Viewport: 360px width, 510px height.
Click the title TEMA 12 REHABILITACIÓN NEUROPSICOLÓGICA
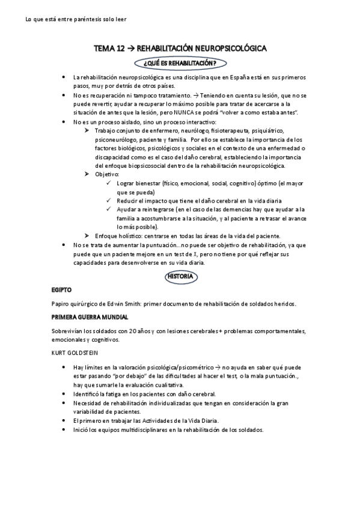(180, 49)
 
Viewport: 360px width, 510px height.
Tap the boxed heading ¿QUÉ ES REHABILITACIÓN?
(180, 63)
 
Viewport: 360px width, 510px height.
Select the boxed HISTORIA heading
(180, 277)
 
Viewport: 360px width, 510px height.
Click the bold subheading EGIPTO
(62, 289)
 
